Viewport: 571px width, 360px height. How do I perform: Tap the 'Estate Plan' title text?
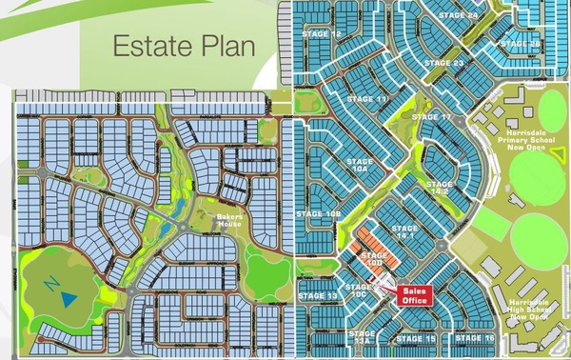coord(184,46)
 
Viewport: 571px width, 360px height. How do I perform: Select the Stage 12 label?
coord(323,34)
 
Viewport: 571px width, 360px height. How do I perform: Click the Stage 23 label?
coord(444,64)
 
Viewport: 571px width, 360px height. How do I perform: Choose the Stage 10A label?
coord(361,166)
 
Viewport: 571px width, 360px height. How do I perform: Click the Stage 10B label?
coord(320,215)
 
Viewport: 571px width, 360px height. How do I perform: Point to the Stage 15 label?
coord(416,339)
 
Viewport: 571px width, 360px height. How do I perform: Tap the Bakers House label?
coord(231,221)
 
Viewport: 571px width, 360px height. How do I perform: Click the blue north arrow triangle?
coord(69,298)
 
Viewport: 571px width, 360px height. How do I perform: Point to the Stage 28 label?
coord(521,44)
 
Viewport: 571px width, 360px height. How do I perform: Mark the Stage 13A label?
coord(363,336)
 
